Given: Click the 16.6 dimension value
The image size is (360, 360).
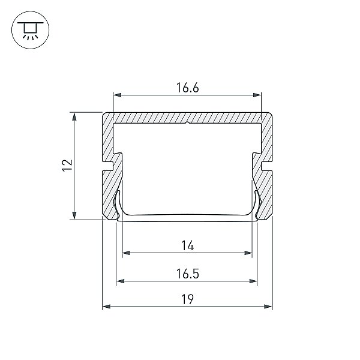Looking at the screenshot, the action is [x=187, y=88].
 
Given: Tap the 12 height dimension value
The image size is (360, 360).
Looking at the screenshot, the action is [x=67, y=166].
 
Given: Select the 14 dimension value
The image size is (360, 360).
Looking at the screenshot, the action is [x=188, y=245].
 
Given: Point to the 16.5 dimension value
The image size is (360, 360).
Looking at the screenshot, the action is [x=187, y=274].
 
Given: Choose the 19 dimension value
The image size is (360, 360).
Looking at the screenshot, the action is [x=187, y=299].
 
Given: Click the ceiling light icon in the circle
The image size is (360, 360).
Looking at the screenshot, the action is [x=31, y=30].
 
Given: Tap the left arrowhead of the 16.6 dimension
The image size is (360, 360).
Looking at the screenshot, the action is [x=118, y=95].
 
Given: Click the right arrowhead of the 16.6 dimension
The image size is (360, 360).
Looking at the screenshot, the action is [x=257, y=95].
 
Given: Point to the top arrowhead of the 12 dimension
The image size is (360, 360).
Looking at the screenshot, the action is [x=74, y=117].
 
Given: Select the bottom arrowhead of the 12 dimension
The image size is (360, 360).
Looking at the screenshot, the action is [x=74, y=215].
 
